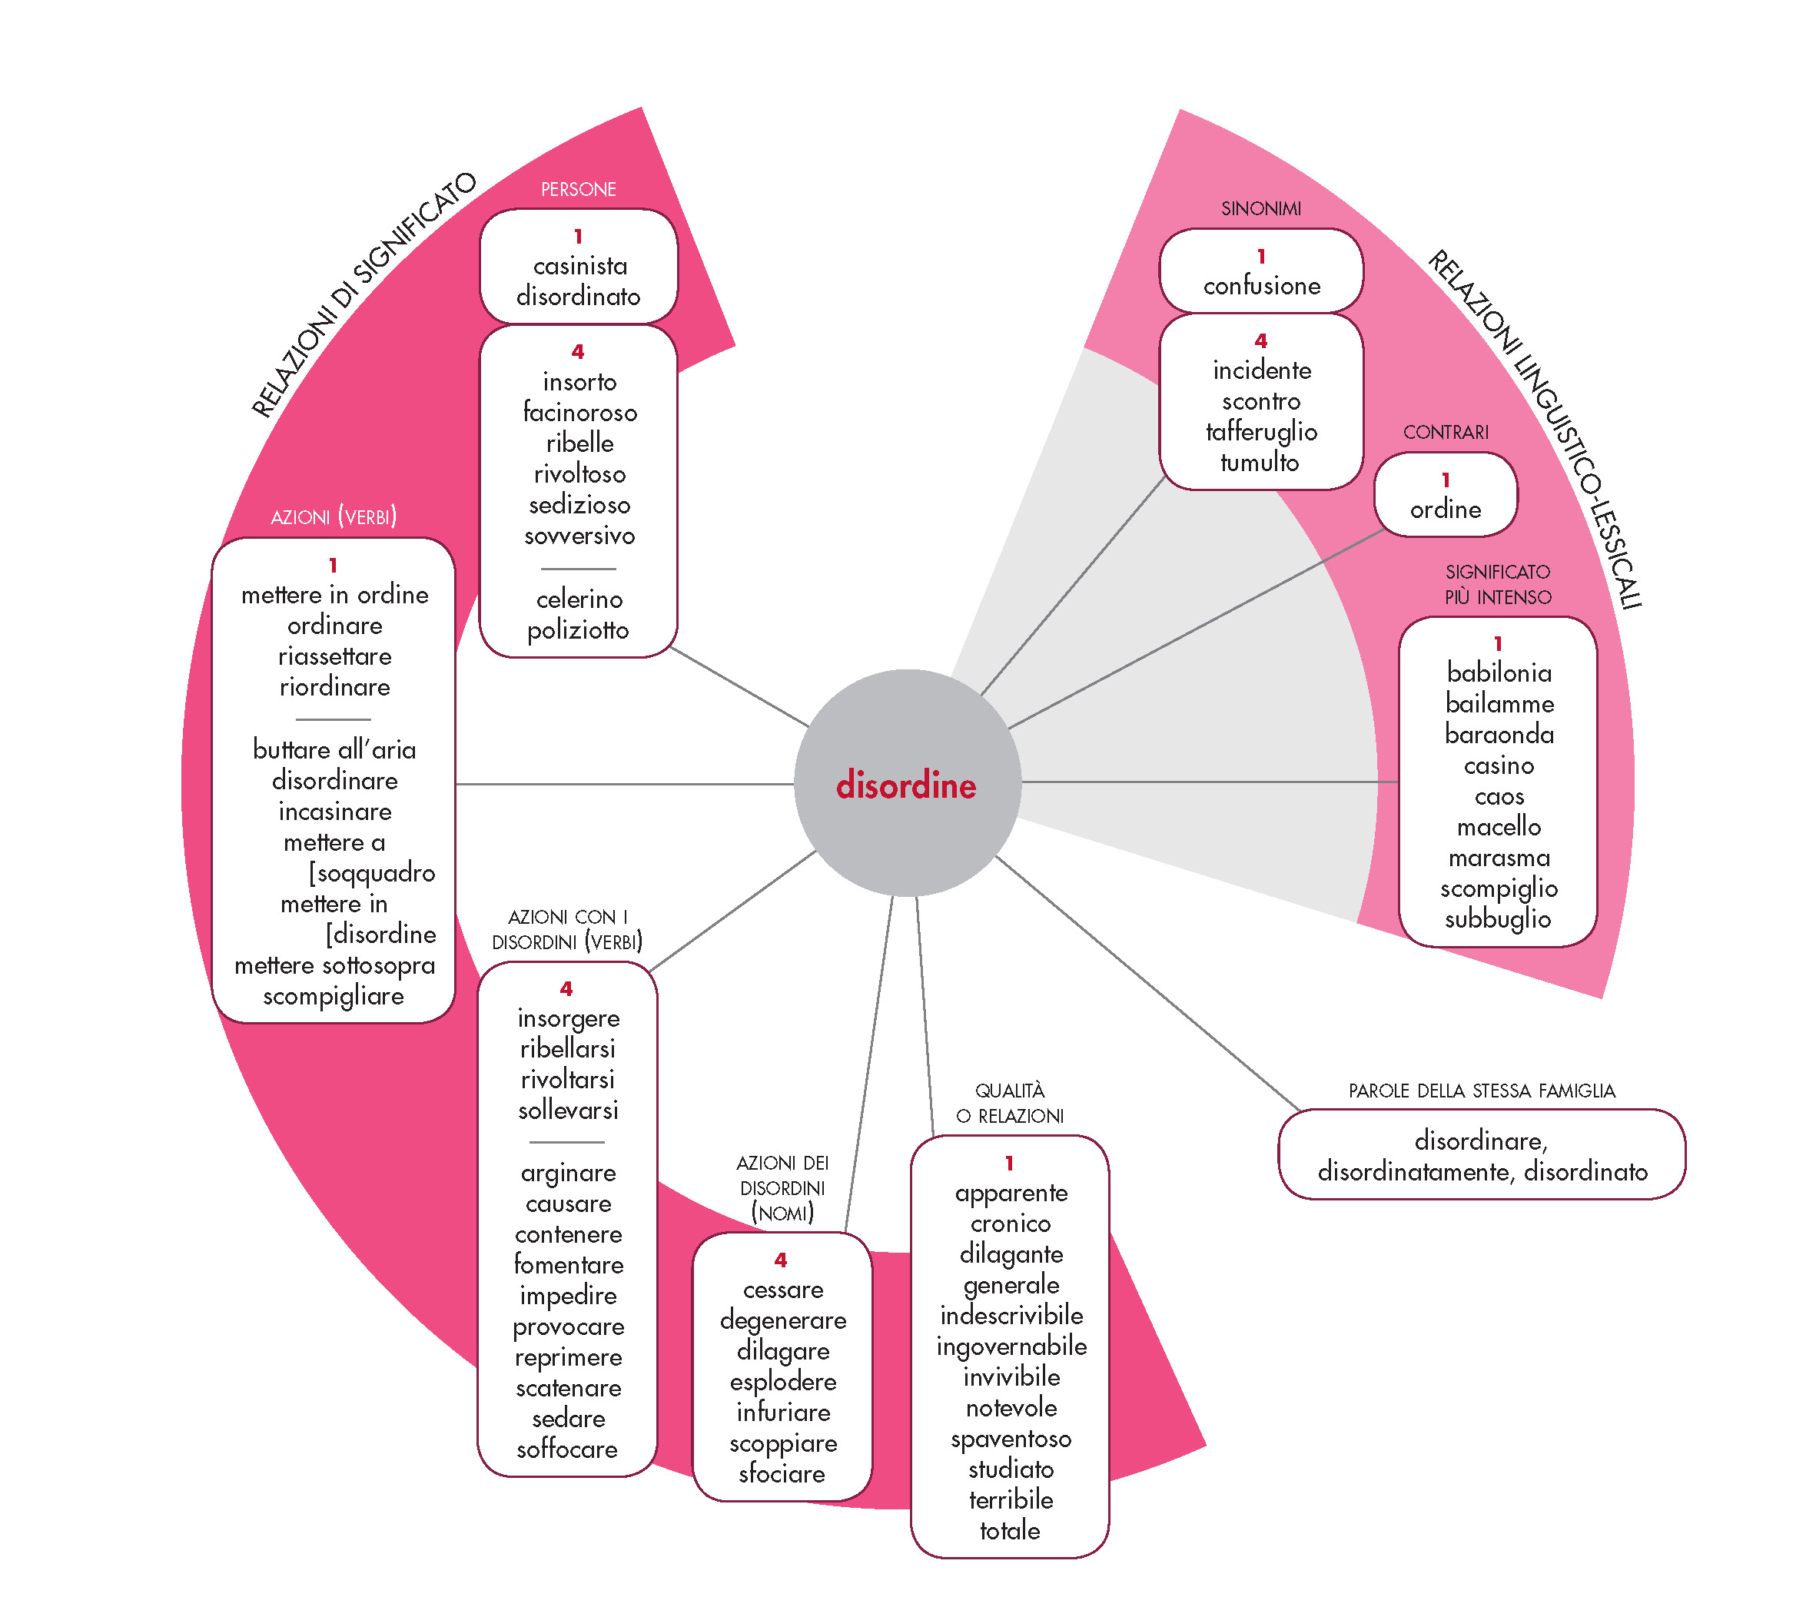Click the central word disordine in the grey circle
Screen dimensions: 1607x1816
pos(905,785)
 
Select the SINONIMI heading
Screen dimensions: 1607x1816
pos(1260,209)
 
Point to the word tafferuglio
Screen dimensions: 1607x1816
pos(1260,432)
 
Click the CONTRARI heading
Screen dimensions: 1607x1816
pos(1445,433)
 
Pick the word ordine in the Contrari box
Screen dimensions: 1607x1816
pos(1445,509)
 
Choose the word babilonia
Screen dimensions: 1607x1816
pos(1498,672)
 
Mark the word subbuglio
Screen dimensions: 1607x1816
pos(1497,918)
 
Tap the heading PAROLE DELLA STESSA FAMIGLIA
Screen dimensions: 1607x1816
pos(1481,1091)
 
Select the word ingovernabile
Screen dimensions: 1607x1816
pos(1011,1346)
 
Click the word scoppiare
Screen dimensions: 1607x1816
pos(782,1443)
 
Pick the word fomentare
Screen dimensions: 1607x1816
pos(569,1264)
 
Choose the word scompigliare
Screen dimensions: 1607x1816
pos(334,996)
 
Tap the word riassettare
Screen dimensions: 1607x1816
pos(334,656)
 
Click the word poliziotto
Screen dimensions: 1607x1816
pos(579,630)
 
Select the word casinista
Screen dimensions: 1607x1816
pos(579,266)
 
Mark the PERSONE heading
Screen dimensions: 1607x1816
pos(579,189)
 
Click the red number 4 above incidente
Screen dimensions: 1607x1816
pos(1260,341)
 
